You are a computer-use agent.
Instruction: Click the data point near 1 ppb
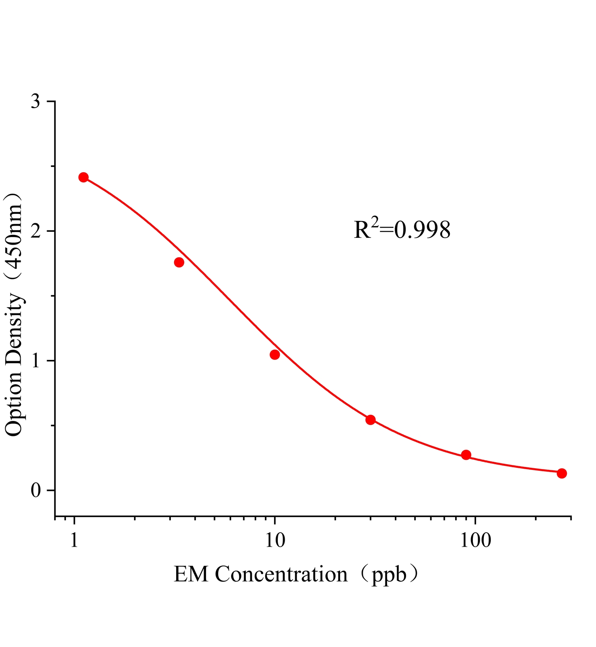pos(83,177)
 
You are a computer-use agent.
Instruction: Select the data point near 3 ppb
pos(179,262)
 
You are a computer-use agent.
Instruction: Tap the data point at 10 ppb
pos(275,355)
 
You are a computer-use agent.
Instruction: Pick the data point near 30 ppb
pos(370,420)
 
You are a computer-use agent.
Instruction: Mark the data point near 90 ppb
pos(466,455)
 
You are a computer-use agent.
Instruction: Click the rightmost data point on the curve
pos(562,473)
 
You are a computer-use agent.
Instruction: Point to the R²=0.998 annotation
pos(402,230)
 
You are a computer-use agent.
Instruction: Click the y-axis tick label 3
pos(36,101)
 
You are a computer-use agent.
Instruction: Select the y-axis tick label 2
pos(36,231)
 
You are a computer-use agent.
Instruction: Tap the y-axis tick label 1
pos(37,361)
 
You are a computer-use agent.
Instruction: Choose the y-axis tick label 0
pos(36,491)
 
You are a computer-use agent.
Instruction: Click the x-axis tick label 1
pos(74,540)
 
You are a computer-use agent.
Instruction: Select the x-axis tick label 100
pos(475,540)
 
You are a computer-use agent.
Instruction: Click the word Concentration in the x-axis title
pos(281,574)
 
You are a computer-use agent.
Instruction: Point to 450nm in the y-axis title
pos(15,239)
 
